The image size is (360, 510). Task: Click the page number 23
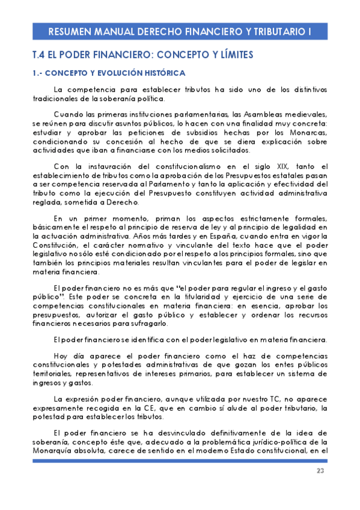click(320, 471)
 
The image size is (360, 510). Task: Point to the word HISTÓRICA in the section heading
click(148, 73)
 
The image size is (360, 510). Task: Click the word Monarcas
click(309, 132)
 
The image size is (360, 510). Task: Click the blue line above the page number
click(180, 461)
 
